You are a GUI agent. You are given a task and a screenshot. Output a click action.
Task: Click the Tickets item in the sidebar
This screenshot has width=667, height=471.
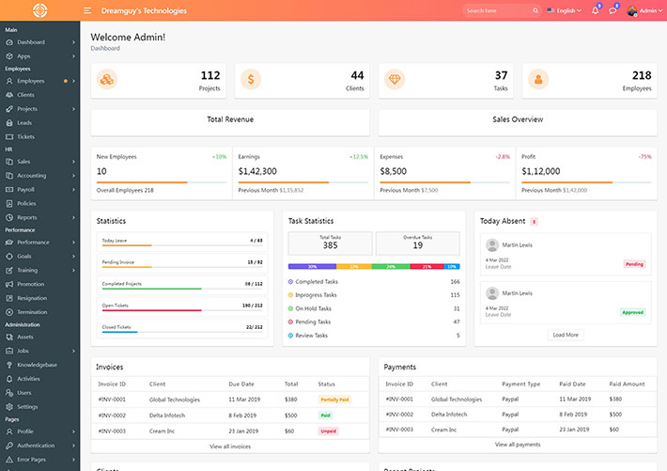pos(25,136)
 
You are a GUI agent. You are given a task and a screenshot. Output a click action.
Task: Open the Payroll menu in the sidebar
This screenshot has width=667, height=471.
pos(25,189)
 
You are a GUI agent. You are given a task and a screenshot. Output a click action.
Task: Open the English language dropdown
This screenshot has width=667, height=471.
pos(565,10)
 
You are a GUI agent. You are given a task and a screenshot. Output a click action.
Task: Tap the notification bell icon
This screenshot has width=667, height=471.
pos(595,10)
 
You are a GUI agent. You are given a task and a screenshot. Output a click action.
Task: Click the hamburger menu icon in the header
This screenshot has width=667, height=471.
pos(87,10)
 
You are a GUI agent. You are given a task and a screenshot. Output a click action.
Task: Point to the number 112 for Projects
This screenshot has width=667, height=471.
pos(209,75)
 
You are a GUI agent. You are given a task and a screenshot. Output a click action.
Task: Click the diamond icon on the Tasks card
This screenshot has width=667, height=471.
pos(394,80)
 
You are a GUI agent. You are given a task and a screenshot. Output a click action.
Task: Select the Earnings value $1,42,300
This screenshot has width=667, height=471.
pos(257,171)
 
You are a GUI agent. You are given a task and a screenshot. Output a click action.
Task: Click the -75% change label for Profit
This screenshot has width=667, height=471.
pos(644,156)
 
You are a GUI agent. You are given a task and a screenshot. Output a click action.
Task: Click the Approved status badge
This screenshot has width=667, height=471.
pos(633,312)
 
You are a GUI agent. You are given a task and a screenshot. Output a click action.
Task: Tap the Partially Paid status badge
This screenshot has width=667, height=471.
pos(334,400)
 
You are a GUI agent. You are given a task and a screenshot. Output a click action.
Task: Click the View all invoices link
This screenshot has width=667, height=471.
pos(230,446)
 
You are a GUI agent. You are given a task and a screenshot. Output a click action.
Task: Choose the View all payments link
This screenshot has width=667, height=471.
pos(518,444)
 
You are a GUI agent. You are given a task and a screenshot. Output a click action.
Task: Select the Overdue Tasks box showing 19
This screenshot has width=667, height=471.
pos(417,243)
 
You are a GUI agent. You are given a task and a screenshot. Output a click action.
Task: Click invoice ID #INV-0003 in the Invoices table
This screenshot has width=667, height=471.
pos(112,430)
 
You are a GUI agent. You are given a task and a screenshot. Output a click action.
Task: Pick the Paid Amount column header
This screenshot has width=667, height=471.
pos(627,384)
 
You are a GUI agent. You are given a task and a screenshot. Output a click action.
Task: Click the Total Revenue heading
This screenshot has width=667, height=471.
pos(230,119)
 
